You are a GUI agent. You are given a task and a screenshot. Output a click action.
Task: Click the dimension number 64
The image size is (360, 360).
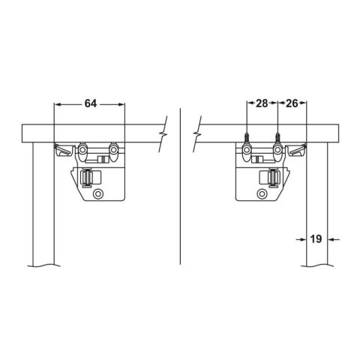(90, 103)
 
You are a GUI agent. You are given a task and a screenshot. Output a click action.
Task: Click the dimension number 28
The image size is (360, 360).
(262, 103)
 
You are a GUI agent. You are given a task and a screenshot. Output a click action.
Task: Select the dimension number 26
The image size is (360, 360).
(292, 103)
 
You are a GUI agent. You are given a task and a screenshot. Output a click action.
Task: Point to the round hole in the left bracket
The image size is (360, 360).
(97, 193)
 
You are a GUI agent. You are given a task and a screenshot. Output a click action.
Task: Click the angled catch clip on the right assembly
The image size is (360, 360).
(298, 150)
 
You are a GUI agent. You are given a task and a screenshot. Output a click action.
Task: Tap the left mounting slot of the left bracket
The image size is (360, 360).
(83, 151)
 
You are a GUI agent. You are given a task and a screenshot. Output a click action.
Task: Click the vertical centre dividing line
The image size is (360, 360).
(180, 187)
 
